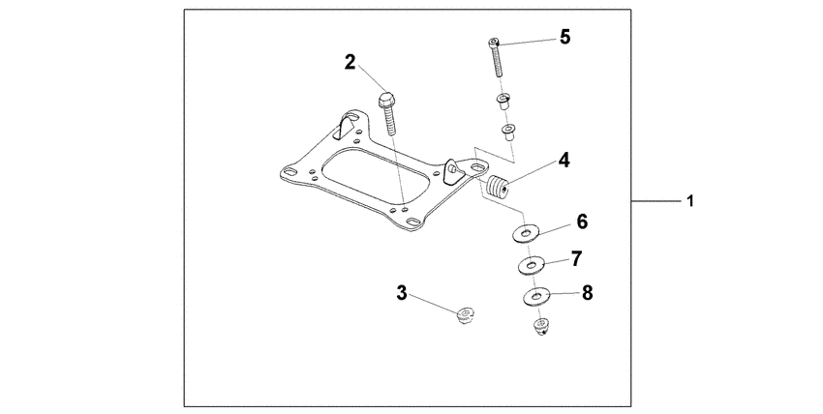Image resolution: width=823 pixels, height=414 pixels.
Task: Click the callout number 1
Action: (689, 201)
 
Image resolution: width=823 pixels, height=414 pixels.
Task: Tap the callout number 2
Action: (351, 63)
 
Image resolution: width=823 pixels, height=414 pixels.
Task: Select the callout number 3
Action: (400, 291)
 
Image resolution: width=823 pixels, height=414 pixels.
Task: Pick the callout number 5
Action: (564, 37)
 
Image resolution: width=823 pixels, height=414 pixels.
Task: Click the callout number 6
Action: (582, 222)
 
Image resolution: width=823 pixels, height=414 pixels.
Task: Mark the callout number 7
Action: (575, 258)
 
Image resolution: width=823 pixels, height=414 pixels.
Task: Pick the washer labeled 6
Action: (526, 232)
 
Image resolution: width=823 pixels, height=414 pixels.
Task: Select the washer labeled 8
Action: (537, 296)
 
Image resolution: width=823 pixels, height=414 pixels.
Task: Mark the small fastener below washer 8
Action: (541, 327)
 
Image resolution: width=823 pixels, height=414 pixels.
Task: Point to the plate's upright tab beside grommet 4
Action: (452, 172)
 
